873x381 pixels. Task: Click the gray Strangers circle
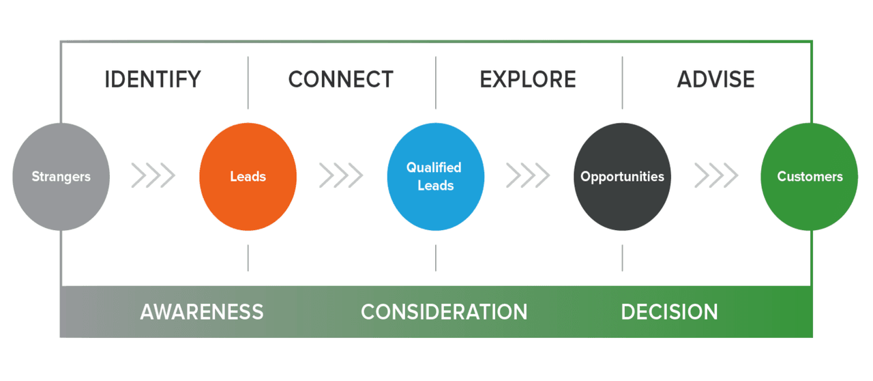pyautogui.click(x=61, y=176)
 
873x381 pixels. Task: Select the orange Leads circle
pyautogui.click(x=248, y=176)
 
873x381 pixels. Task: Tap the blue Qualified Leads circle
pyautogui.click(x=435, y=176)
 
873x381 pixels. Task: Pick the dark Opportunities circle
pyautogui.click(x=622, y=176)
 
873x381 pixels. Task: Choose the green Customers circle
pyautogui.click(x=810, y=176)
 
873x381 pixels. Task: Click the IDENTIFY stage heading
pyautogui.click(x=153, y=79)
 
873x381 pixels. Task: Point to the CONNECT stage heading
pyautogui.click(x=340, y=79)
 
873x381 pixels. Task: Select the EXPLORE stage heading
pyautogui.click(x=528, y=79)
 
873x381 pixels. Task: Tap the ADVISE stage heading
pyautogui.click(x=715, y=79)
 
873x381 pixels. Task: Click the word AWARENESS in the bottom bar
pyautogui.click(x=202, y=312)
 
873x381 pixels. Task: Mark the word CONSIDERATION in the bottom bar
pyautogui.click(x=444, y=312)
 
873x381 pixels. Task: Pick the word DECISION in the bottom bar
pyautogui.click(x=669, y=312)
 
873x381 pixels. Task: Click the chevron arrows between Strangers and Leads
pyautogui.click(x=153, y=176)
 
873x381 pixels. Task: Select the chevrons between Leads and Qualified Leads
pyautogui.click(x=341, y=176)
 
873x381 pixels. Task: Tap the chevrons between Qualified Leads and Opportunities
pyautogui.click(x=528, y=176)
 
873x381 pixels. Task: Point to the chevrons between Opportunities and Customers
pyautogui.click(x=716, y=176)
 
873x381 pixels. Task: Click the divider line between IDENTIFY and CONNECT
pyautogui.click(x=248, y=82)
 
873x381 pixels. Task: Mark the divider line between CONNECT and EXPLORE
pyautogui.click(x=436, y=82)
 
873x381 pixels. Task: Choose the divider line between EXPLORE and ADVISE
pyautogui.click(x=622, y=82)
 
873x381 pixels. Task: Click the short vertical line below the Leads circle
pyautogui.click(x=248, y=258)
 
